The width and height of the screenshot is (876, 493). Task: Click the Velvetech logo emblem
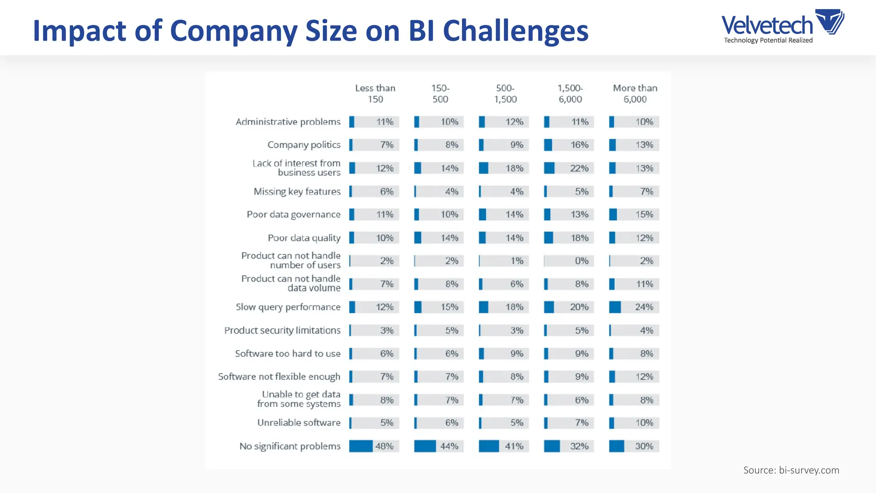(830, 21)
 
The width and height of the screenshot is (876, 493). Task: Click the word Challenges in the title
(515, 31)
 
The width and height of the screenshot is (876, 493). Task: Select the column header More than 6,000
(635, 93)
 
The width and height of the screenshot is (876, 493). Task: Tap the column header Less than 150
(375, 93)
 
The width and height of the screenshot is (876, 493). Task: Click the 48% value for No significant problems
(384, 446)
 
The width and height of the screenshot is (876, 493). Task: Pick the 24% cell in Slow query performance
(644, 307)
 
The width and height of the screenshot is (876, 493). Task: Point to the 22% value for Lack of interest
(579, 168)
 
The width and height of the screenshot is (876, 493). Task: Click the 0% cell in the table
(581, 261)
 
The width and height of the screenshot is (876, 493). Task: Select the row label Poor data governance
(293, 214)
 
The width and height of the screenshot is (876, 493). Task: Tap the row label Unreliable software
(299, 423)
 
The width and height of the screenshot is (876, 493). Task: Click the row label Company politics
(304, 145)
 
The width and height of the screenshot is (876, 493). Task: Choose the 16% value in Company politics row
(579, 145)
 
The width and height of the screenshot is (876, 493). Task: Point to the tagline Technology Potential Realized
(768, 40)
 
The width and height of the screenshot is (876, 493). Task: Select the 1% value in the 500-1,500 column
(517, 261)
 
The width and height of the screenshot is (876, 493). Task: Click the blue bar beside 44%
(425, 446)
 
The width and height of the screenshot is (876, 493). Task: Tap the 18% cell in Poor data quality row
(579, 238)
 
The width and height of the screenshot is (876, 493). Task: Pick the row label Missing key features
(297, 191)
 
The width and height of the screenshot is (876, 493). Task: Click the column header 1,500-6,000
(570, 93)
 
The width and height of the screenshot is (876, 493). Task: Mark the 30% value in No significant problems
(644, 446)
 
